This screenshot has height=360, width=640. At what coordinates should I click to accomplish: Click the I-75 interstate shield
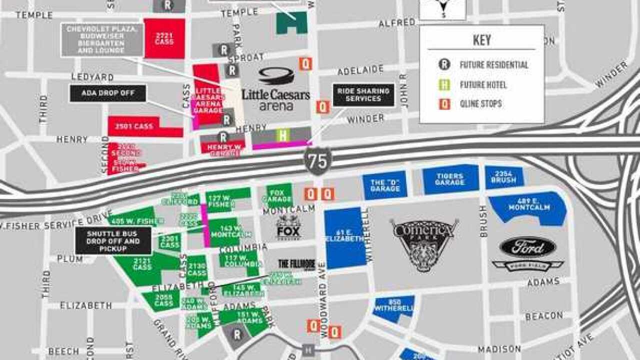[317, 161]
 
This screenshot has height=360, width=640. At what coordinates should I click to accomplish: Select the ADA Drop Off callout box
[107, 93]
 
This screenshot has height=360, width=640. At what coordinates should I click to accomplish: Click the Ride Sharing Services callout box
[363, 95]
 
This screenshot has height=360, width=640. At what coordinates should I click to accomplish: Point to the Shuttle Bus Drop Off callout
[113, 240]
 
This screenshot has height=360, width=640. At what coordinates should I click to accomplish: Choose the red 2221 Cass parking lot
[164, 38]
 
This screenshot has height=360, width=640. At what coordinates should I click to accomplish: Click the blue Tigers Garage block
[450, 179]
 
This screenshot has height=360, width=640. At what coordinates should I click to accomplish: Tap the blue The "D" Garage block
[385, 185]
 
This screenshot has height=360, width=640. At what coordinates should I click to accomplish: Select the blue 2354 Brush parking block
[504, 177]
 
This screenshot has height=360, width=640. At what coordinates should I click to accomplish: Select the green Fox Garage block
[279, 195]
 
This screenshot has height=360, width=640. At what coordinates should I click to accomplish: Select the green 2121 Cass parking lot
[142, 264]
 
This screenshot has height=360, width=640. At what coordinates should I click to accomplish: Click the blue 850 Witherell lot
[394, 306]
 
